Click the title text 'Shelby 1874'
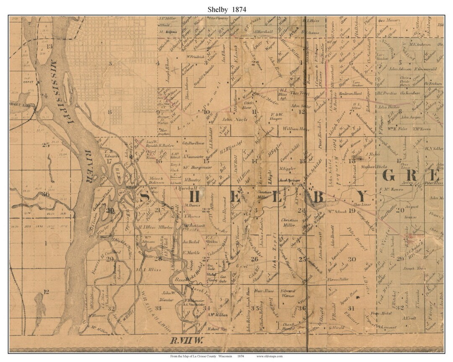point(226,9)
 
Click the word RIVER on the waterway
point(89,166)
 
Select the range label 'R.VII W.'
point(182,340)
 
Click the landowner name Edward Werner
point(288,293)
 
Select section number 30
point(351,259)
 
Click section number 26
point(254,259)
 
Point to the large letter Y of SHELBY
point(362,196)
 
